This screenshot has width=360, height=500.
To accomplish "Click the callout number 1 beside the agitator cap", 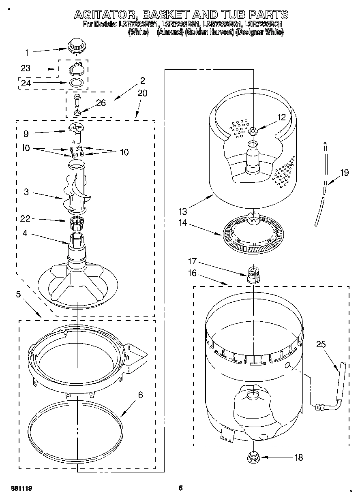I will pyautogui.click(x=27, y=52).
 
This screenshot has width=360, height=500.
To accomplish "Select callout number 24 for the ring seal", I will pyautogui.click(x=26, y=83).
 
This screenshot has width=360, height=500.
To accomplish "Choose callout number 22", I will pyautogui.click(x=26, y=219).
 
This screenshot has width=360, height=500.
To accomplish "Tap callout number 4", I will pyautogui.click(x=26, y=233).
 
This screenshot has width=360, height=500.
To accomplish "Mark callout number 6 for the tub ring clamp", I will pyautogui.click(x=140, y=395).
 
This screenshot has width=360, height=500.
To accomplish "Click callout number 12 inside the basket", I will pyautogui.click(x=281, y=117).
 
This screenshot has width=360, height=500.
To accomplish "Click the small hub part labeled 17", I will pyautogui.click(x=253, y=275).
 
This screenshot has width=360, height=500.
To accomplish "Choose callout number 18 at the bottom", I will pyautogui.click(x=298, y=457).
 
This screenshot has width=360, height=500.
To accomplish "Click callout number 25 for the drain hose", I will pyautogui.click(x=321, y=344).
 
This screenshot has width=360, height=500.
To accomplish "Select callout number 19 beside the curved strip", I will pyautogui.click(x=344, y=173).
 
